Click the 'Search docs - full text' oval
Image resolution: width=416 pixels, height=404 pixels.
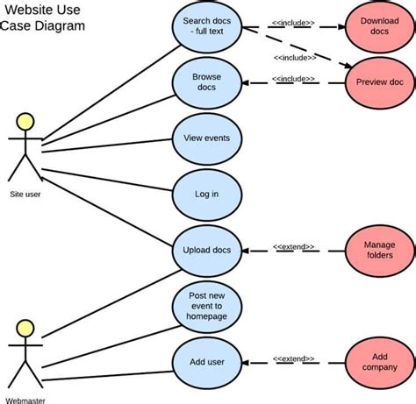coord(207,27)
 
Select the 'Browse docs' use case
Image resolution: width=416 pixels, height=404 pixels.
coord(207,82)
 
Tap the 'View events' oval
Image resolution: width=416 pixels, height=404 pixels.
coord(207,138)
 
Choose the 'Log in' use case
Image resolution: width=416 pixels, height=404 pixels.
coord(207,194)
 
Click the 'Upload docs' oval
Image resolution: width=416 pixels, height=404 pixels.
coord(207,250)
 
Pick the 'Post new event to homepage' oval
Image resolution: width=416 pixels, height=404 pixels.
coord(207,306)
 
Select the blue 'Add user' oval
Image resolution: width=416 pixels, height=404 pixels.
coord(207,361)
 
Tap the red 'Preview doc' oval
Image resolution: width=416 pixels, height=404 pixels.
coord(378,82)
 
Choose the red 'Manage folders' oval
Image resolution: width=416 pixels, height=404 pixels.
coord(378,250)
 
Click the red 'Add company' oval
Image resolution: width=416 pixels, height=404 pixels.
coord(378,361)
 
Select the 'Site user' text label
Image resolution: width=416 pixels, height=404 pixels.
coord(25,195)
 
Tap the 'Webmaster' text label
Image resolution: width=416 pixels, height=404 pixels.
coord(25,400)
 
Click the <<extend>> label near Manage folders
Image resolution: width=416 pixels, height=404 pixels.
coord(293,248)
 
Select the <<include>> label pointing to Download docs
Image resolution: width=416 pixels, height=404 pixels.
coord(293,25)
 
